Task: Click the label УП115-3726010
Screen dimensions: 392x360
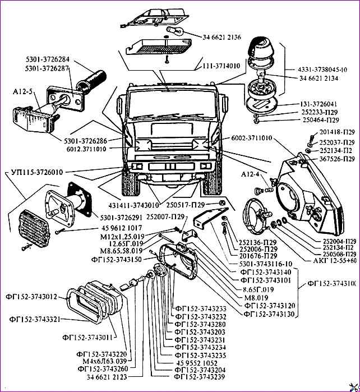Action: (x=36, y=172)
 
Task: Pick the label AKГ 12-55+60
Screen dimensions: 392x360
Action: (x=336, y=261)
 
